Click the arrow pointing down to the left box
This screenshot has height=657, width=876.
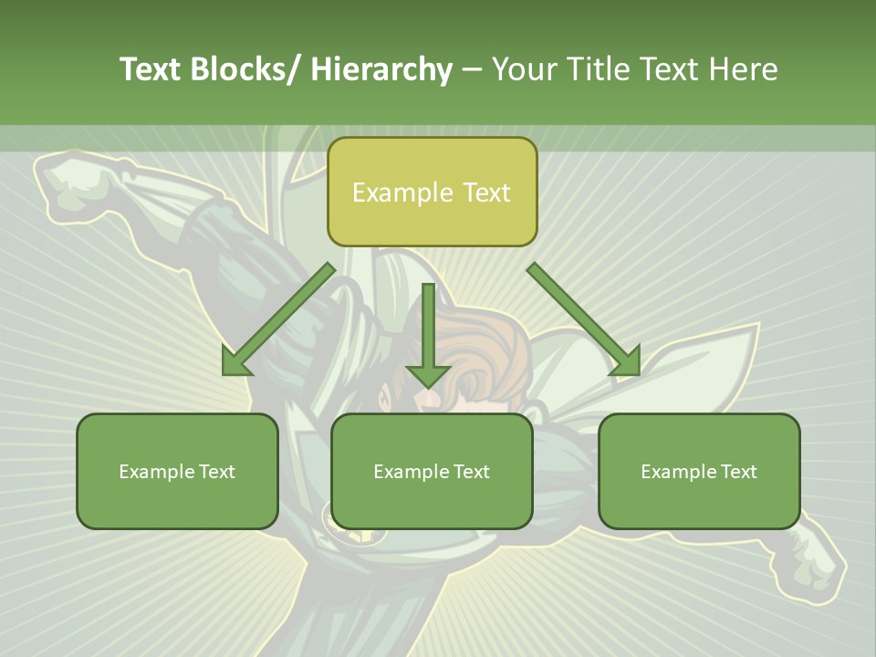coord(278,318)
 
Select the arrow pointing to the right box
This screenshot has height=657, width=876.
coord(584,318)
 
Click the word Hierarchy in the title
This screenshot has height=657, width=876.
coord(381,69)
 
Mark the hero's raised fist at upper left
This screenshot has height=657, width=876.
coord(78,187)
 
